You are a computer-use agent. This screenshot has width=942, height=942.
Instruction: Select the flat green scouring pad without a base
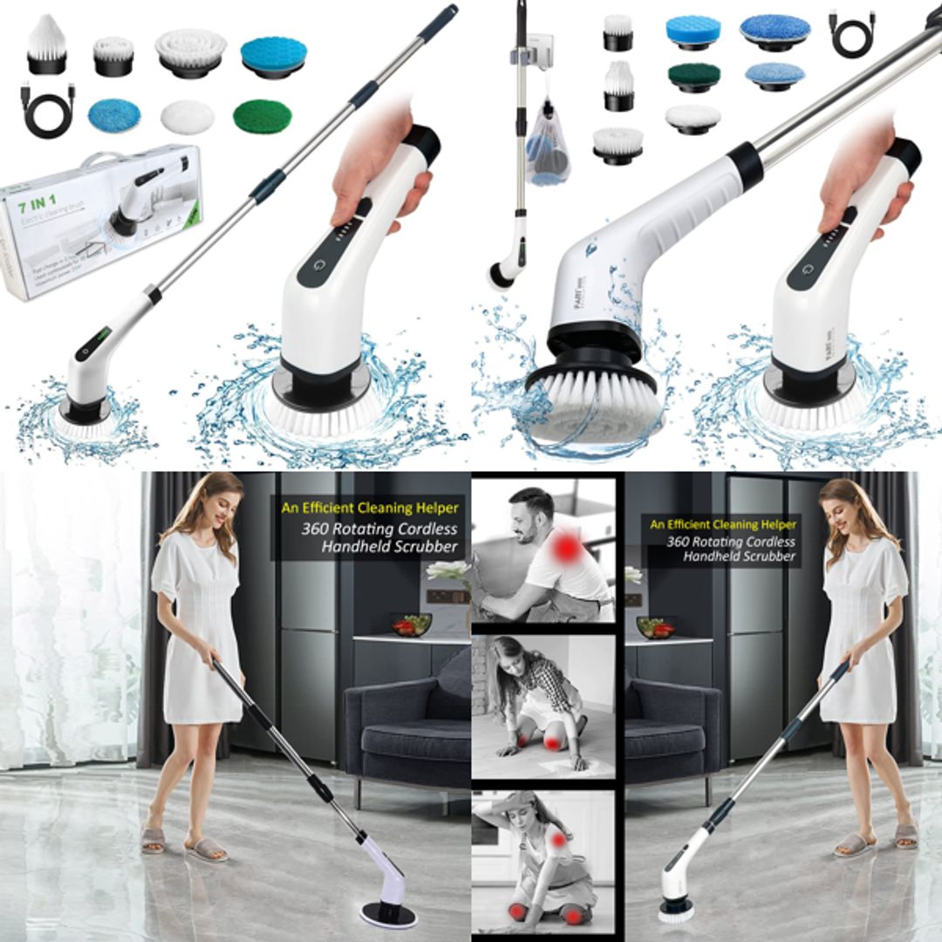pos(262,116)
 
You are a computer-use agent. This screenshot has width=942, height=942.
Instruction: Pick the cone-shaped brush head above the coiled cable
pos(45,44)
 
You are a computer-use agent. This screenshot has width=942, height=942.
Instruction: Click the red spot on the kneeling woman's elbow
pos(558,840)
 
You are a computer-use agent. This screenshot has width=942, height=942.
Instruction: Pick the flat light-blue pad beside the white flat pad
pos(114,114)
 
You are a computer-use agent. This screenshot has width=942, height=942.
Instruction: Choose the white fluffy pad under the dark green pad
pos(693,118)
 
